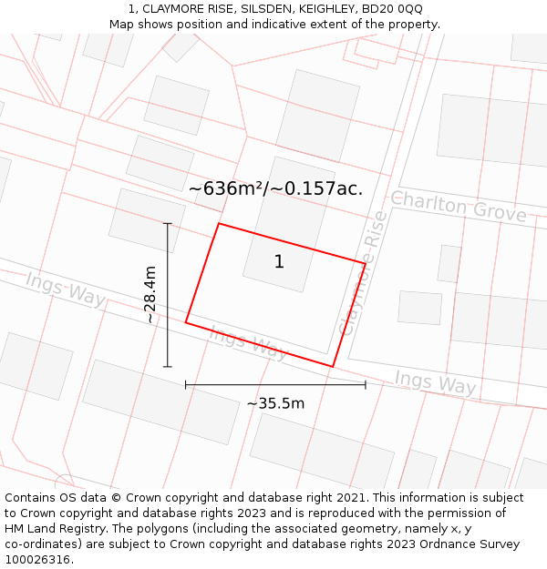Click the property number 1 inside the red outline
click(279, 262)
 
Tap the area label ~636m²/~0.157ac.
click(275, 189)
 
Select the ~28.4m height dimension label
click(150, 294)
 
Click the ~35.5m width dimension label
click(275, 403)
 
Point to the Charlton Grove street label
click(459, 207)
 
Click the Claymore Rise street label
click(363, 272)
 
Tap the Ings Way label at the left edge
click(65, 289)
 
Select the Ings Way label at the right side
click(435, 381)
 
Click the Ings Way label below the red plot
click(248, 342)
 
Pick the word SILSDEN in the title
click(265, 8)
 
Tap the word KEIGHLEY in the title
click(327, 8)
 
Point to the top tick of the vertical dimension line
click(168, 224)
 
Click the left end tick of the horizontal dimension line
click(186, 385)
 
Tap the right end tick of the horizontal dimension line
click(366, 385)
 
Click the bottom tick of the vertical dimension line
click(168, 367)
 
